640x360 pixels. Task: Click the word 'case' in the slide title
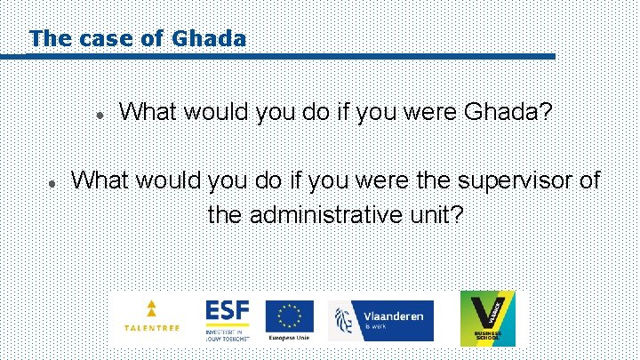click(x=101, y=39)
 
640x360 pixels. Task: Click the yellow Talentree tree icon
click(x=151, y=309)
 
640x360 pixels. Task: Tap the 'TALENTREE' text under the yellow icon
click(x=151, y=328)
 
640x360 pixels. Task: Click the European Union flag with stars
click(x=290, y=315)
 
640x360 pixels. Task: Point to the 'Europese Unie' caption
click(x=290, y=339)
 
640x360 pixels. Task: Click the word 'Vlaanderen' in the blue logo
click(x=394, y=316)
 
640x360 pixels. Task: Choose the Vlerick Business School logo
click(x=486, y=318)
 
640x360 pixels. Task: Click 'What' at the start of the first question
click(x=147, y=113)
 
